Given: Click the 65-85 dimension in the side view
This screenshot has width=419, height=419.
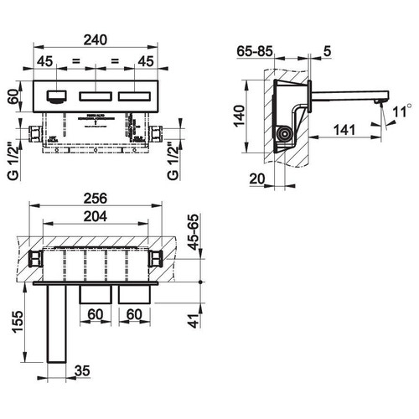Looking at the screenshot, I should (x=252, y=50).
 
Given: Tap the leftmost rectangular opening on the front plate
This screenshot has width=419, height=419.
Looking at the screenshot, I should (x=59, y=96).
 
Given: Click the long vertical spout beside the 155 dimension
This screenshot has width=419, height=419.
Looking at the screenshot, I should (x=56, y=323).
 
